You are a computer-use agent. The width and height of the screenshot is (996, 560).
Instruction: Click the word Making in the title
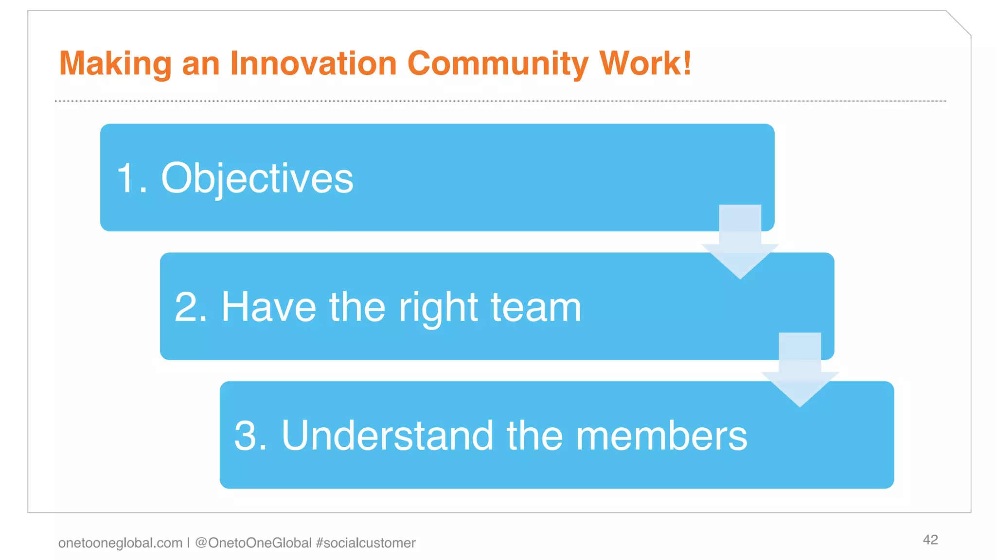click(x=115, y=64)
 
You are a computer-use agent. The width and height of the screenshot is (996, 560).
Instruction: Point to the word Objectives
click(x=257, y=178)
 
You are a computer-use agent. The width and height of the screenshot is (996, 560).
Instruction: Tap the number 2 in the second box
click(x=187, y=307)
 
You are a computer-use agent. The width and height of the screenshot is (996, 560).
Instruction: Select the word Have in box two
click(x=268, y=307)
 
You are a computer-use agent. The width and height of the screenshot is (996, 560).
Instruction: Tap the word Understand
click(x=388, y=436)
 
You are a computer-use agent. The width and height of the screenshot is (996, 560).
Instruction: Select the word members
click(x=661, y=436)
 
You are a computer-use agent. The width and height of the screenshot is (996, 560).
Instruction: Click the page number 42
click(x=930, y=540)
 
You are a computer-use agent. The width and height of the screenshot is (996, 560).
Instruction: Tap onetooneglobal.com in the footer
click(x=120, y=543)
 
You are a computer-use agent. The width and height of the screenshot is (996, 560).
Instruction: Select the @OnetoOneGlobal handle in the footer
click(x=253, y=543)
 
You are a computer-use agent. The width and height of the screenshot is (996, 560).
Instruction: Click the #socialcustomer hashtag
click(x=366, y=543)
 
